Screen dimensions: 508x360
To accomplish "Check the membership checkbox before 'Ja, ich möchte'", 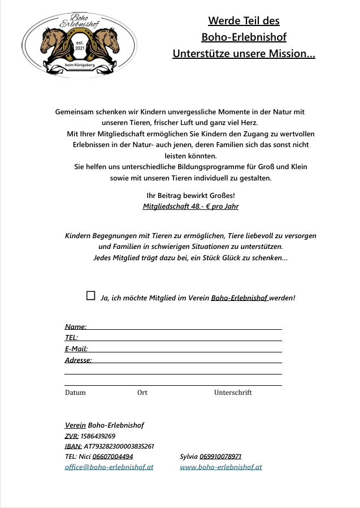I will [x=90, y=295].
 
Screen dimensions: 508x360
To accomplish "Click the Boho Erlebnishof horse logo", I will [x=79, y=45].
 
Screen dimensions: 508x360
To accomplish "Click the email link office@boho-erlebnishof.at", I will [x=109, y=467].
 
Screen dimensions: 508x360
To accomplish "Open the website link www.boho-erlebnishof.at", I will [x=221, y=467].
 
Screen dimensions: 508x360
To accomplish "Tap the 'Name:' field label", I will [x=76, y=327].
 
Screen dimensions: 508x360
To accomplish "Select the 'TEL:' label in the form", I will [x=72, y=338].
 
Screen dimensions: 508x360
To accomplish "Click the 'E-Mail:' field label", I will [x=76, y=349].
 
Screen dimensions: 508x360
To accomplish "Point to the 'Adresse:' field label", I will [x=79, y=360].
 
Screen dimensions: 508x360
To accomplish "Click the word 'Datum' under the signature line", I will [x=75, y=393].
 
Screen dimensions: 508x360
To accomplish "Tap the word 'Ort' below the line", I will [x=142, y=393].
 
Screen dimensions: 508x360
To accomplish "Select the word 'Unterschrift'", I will [x=233, y=393].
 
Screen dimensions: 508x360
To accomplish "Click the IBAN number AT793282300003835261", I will [x=119, y=446].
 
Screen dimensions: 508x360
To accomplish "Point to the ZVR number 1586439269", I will [x=98, y=436].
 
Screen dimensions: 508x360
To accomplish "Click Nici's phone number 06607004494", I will [x=113, y=457].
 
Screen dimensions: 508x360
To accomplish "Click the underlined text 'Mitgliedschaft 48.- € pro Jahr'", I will [x=191, y=206].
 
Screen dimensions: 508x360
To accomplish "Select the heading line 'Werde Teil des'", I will [x=244, y=21].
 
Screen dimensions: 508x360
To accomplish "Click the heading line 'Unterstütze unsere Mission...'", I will [x=244, y=54].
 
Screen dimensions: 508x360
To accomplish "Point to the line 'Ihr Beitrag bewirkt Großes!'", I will [x=190, y=196].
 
